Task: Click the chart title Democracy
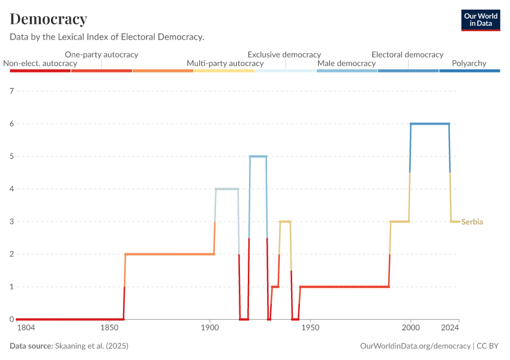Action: pos(49,19)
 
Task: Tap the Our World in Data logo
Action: pos(480,20)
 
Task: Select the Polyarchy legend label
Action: pos(469,63)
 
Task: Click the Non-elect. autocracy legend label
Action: pos(40,63)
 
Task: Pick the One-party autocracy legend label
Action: pos(101,54)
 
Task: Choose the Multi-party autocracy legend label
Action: pos(225,63)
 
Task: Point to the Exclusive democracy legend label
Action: pos(284,54)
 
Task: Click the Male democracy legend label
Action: pos(346,63)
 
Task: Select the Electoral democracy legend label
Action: pos(407,54)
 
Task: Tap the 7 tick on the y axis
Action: pos(11,91)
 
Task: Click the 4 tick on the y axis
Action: pos(11,189)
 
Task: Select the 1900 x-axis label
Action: pos(209,328)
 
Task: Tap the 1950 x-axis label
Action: pos(310,328)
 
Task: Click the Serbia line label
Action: pos(472,222)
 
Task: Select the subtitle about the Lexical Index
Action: pos(107,37)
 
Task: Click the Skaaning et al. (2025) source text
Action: pos(92,346)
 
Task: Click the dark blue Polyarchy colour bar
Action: pos(469,71)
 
